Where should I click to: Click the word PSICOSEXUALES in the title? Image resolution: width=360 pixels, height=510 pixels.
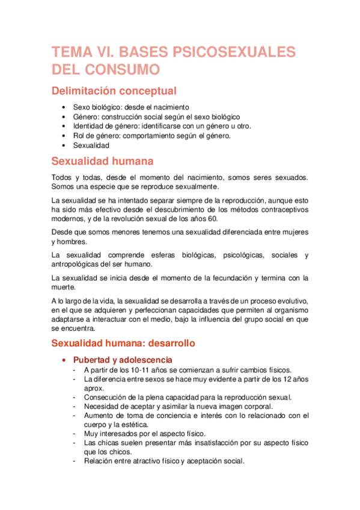click(235, 52)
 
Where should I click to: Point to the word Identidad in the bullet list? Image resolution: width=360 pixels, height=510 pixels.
click(87, 126)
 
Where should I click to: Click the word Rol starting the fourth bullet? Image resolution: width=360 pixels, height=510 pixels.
click(79, 136)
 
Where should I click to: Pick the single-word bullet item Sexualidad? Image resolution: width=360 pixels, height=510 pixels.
click(91, 146)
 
